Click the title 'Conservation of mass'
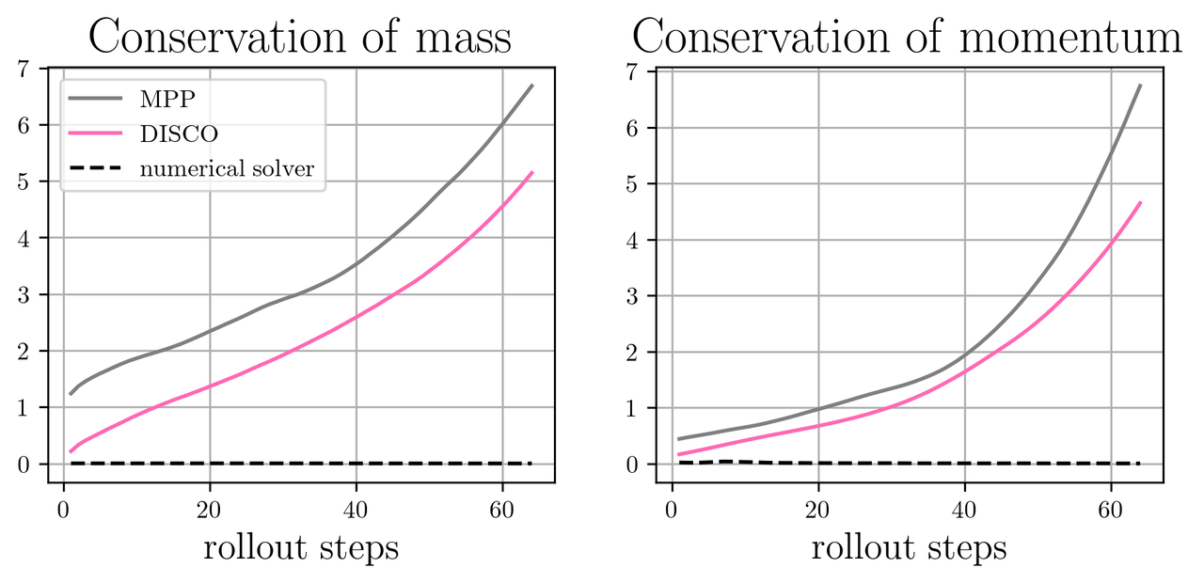point(300,38)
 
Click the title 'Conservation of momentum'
point(907,38)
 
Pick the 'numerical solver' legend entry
point(227,168)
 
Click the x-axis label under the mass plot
point(301,547)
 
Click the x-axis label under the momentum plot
point(910,547)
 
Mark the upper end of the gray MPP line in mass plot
point(532,86)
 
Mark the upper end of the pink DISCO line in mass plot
point(532,172)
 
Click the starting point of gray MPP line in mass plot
point(71,394)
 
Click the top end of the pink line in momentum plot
point(1141,202)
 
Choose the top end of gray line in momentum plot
point(1141,86)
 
